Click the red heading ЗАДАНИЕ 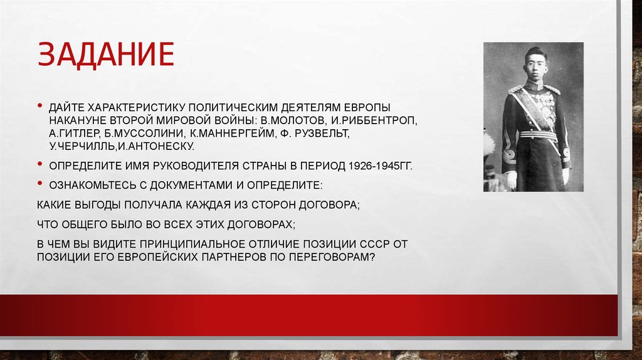[x=105, y=54]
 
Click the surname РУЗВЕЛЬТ [x=326, y=134]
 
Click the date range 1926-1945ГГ [x=372, y=169]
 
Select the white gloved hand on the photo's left [x=511, y=178]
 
